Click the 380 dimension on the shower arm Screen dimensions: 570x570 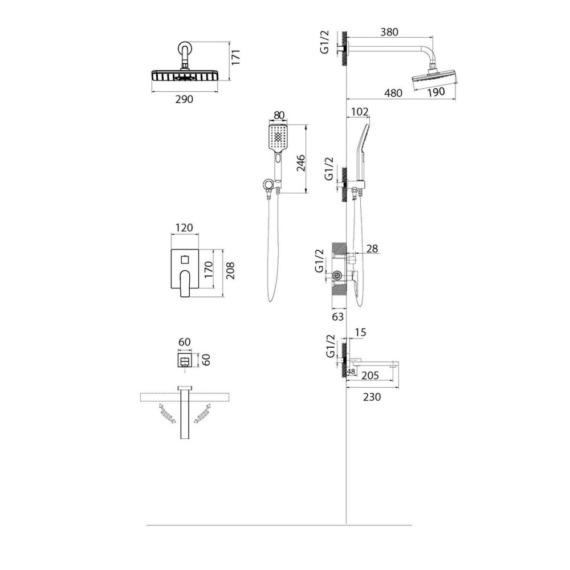click(389, 32)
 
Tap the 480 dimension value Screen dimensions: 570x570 click(394, 93)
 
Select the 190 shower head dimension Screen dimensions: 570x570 click(436, 92)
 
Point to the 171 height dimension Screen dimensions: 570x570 click(236, 57)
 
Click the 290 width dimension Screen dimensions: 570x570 click(184, 99)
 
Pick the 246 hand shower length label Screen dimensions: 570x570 click(300, 163)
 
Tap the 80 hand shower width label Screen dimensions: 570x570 click(279, 115)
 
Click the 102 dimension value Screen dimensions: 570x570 click(360, 112)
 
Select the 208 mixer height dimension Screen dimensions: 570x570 click(230, 270)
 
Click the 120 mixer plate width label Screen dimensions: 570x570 click(184, 228)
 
